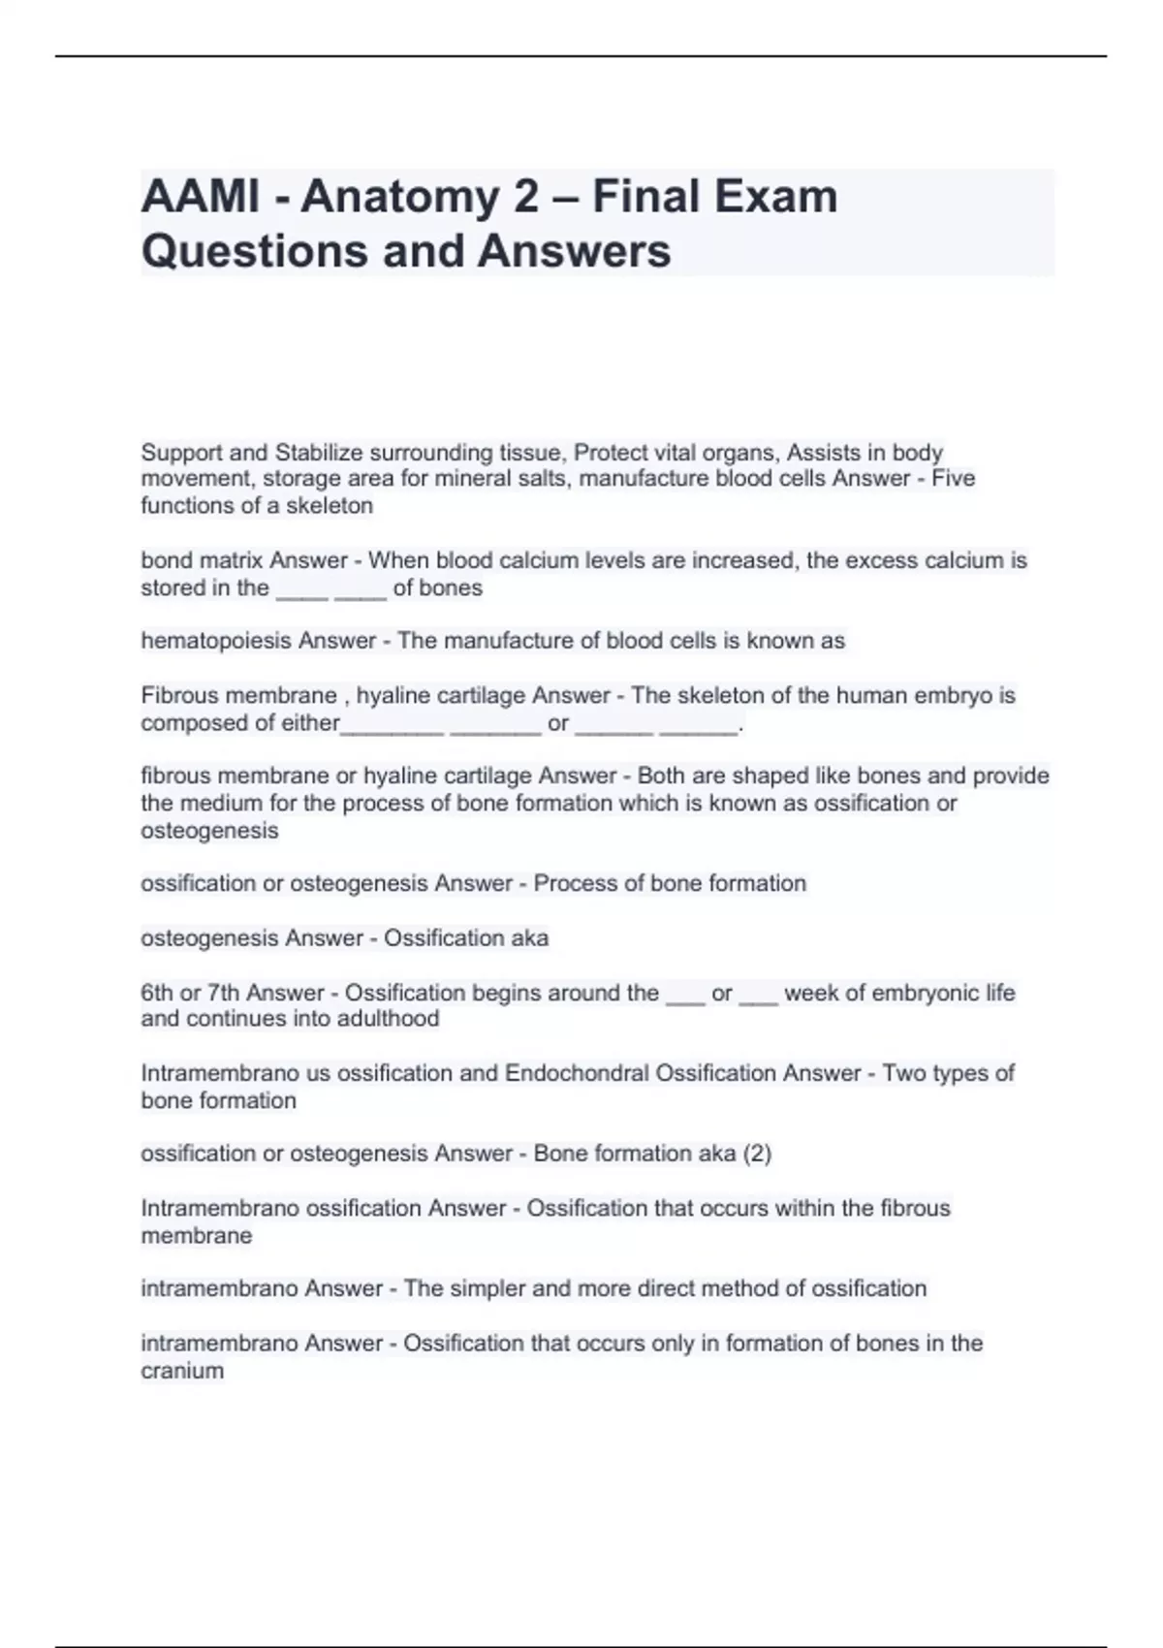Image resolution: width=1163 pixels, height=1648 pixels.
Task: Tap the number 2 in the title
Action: (524, 197)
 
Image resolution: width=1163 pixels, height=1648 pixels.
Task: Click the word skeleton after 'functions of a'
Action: (329, 505)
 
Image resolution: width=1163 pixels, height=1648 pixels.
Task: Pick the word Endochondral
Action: (578, 1073)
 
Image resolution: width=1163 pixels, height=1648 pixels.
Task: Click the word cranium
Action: (182, 1371)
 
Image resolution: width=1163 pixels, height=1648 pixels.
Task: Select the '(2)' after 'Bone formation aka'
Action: (757, 1154)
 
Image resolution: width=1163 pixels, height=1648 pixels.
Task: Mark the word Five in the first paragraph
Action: (954, 479)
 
